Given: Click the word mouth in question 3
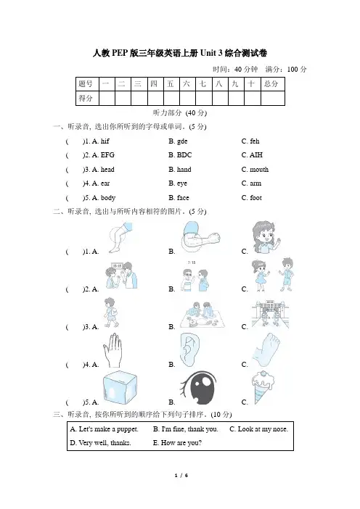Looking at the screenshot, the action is tap(259, 170).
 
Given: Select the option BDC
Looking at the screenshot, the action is tap(184, 155).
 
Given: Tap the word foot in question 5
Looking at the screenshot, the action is tap(255, 198).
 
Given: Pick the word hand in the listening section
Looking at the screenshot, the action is tap(184, 170).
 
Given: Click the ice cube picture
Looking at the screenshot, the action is tap(120, 388).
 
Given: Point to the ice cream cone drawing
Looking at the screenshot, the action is tap(262, 388).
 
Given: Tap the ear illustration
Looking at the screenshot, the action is tap(189, 349).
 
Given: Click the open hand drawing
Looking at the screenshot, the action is tap(112, 350).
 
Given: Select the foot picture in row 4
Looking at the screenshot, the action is tap(266, 349).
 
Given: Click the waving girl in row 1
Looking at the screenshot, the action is tap(266, 237).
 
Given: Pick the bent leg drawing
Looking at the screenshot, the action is tap(121, 237).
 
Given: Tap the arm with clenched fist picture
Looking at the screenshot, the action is tap(200, 237).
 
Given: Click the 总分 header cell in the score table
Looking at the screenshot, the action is tap(273, 84).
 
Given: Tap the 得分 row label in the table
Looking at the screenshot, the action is tap(87, 98).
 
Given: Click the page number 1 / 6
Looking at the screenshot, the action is tap(181, 476).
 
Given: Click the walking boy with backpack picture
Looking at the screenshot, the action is tap(111, 313).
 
